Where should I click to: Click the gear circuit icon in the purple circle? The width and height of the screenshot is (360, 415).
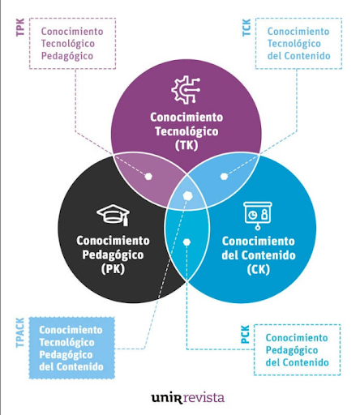pyautogui.click(x=186, y=90)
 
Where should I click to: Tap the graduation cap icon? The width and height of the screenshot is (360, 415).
pyautogui.click(x=114, y=215)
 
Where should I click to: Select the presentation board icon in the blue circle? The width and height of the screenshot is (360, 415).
pyautogui.click(x=258, y=216)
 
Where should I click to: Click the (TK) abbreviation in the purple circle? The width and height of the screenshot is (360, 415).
pyautogui.click(x=186, y=145)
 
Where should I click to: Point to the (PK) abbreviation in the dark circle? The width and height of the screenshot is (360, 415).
pyautogui.click(x=113, y=269)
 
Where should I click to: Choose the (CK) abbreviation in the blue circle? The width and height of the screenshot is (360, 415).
pyautogui.click(x=259, y=269)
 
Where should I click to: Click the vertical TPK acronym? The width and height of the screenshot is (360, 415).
pyautogui.click(x=20, y=28)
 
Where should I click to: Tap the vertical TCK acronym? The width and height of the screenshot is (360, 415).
pyautogui.click(x=246, y=28)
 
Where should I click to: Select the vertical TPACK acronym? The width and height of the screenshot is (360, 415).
pyautogui.click(x=20, y=332)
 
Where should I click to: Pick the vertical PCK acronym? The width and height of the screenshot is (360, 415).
pyautogui.click(x=245, y=335)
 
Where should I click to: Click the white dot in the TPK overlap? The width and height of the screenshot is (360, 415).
pyautogui.click(x=148, y=177)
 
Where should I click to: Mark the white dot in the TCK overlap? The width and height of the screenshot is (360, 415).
pyautogui.click(x=224, y=177)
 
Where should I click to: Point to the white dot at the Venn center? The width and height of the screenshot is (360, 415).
pyautogui.click(x=187, y=196)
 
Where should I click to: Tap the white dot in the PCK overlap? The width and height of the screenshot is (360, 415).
pyautogui.click(x=186, y=242)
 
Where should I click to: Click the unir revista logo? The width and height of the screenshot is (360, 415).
pyautogui.click(x=188, y=398)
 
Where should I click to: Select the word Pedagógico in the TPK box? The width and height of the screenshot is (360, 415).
pyautogui.click(x=67, y=56)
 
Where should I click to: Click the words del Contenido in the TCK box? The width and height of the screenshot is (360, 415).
pyautogui.click(x=299, y=56)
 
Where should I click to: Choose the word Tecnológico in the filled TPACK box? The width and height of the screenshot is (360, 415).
pyautogui.click(x=66, y=342)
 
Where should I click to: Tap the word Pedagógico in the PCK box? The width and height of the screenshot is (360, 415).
pyautogui.click(x=292, y=350)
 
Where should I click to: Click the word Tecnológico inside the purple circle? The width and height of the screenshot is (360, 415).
pyautogui.click(x=186, y=131)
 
